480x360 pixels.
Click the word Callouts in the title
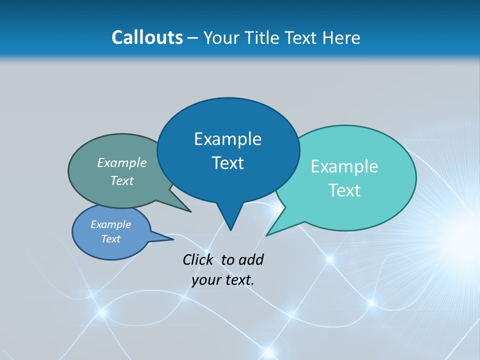click(147, 38)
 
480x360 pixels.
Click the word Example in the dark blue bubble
click(227, 139)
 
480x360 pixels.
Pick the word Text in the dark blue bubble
click(227, 163)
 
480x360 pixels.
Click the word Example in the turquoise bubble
click(344, 166)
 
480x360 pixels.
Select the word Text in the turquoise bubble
click(344, 190)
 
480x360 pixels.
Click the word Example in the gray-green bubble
click(121, 162)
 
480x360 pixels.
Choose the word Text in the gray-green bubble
click(121, 180)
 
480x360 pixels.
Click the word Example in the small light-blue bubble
click(110, 224)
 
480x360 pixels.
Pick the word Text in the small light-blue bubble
click(110, 239)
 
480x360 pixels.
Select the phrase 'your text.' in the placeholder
click(222, 280)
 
